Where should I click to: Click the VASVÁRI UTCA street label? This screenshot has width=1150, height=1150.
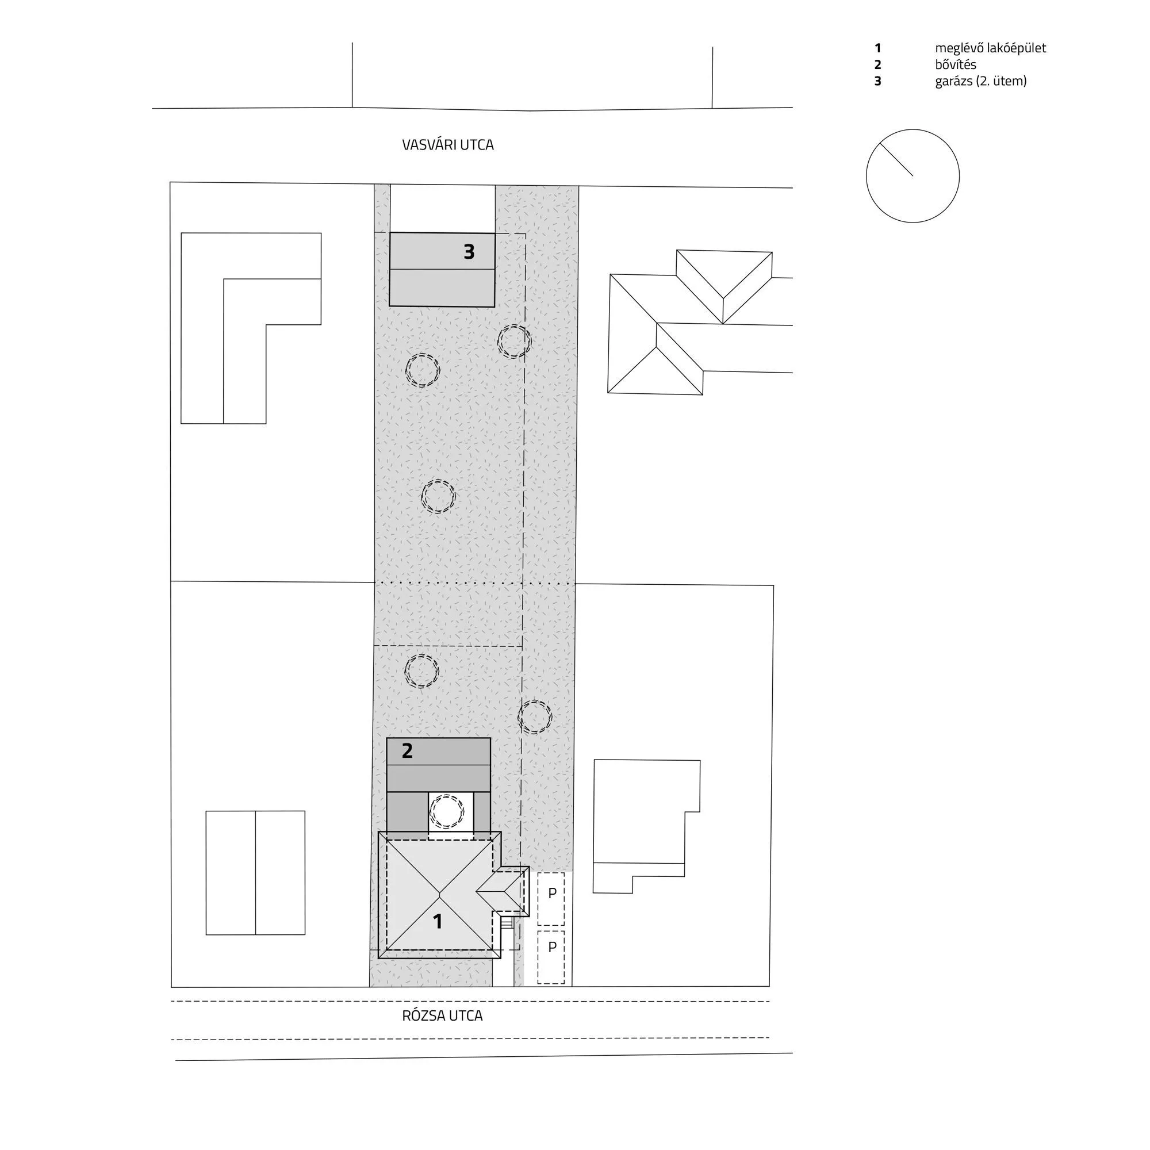tap(447, 145)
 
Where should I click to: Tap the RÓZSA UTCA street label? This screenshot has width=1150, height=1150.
tap(442, 1016)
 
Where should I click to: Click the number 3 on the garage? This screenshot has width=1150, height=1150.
tap(469, 252)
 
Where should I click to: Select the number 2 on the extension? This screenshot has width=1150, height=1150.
tap(407, 750)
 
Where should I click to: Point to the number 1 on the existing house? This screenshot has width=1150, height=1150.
tap(438, 921)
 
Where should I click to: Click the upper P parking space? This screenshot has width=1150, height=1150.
tap(551, 899)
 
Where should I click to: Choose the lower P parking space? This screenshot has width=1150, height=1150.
tap(551, 957)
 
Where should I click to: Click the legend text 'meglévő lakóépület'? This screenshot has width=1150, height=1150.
tap(991, 48)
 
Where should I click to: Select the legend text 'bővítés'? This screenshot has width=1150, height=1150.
tap(955, 64)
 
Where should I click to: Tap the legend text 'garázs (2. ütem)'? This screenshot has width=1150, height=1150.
tap(981, 81)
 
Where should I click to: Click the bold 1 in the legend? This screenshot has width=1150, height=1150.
tap(877, 48)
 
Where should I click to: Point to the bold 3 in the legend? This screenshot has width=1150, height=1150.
tap(877, 81)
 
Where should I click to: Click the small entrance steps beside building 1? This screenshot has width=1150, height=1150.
tap(507, 922)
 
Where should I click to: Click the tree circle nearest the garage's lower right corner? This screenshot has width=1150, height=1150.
tap(514, 325)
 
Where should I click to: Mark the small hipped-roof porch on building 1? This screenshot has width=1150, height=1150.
tap(503, 891)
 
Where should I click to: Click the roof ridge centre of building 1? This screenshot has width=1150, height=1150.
tap(440, 895)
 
